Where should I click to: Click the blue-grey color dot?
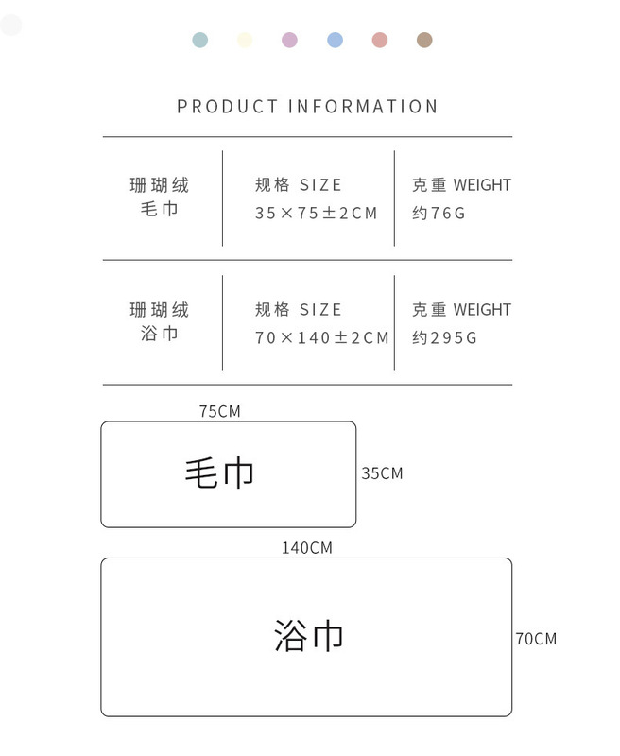pyautogui.click(x=199, y=40)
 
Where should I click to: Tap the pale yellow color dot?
pyautogui.click(x=245, y=40)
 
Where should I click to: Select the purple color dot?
pyautogui.click(x=289, y=40)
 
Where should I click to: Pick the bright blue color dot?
pyautogui.click(x=335, y=40)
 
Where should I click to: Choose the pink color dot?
pyautogui.click(x=380, y=40)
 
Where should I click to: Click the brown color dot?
pyautogui.click(x=424, y=40)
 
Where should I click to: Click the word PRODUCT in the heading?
pyautogui.click(x=228, y=107)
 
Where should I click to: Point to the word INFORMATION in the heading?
pyautogui.click(x=363, y=107)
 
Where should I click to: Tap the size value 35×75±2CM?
pyautogui.click(x=316, y=214)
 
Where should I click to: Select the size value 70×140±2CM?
pyautogui.click(x=321, y=338)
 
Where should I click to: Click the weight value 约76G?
pyautogui.click(x=439, y=214)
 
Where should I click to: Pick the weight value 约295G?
pyautogui.click(x=444, y=338)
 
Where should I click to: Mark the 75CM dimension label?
pyautogui.click(x=219, y=411)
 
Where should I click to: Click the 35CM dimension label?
pyautogui.click(x=382, y=473)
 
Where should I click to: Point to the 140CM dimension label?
pyautogui.click(x=306, y=548)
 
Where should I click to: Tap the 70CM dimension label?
pyautogui.click(x=536, y=639)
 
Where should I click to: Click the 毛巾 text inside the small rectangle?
pyautogui.click(x=219, y=472)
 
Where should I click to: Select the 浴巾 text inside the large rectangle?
pyautogui.click(x=308, y=636)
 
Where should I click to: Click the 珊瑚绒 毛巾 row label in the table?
pyautogui.click(x=159, y=198)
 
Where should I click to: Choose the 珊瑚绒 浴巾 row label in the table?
pyautogui.click(x=159, y=322)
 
